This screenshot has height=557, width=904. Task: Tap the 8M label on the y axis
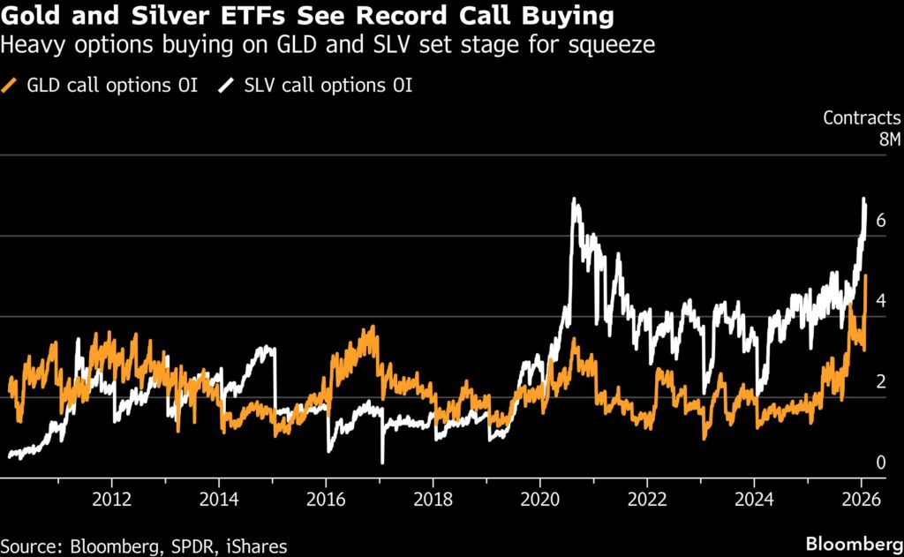[x=886, y=139]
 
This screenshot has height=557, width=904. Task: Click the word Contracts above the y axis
[x=862, y=117]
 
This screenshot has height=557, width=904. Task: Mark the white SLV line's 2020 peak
[x=575, y=200]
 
